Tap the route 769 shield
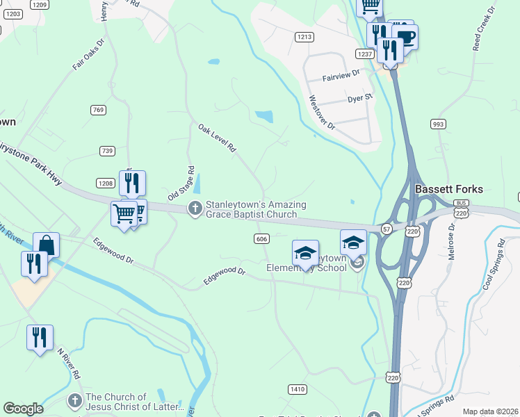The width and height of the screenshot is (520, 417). (98, 110)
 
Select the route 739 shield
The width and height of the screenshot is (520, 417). (107, 151)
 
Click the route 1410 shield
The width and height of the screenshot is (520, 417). (297, 389)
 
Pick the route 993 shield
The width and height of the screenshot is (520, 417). (437, 124)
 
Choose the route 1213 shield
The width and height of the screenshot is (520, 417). (303, 37)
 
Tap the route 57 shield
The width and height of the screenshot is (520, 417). (387, 228)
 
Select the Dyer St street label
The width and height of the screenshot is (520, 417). (360, 99)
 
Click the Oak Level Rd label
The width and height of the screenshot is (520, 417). (217, 138)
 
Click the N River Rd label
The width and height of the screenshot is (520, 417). (68, 363)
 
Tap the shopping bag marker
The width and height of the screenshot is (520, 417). (46, 245)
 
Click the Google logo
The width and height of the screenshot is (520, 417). (23, 408)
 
